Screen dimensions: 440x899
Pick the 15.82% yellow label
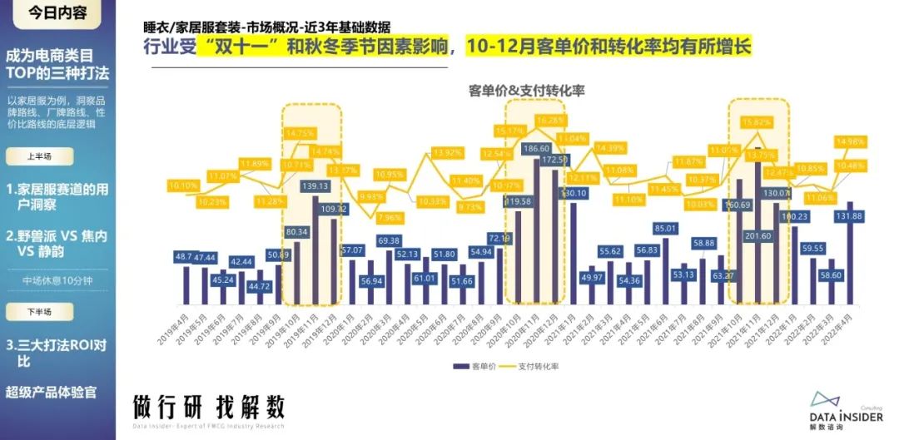[x=757, y=122]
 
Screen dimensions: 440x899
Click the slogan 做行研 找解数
[x=208, y=407]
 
